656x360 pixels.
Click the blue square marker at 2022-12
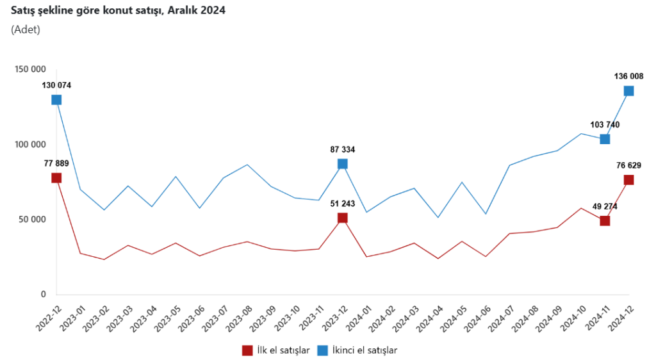click(x=56, y=100)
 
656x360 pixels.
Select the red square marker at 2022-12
click(x=56, y=178)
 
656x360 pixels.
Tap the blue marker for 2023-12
click(x=343, y=164)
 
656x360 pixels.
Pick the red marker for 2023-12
click(x=343, y=218)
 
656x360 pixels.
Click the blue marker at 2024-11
click(x=605, y=139)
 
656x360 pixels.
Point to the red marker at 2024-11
click(x=605, y=221)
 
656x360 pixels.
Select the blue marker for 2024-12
click(x=628, y=91)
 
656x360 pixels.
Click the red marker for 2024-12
click(x=628, y=180)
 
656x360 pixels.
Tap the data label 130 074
click(x=56, y=85)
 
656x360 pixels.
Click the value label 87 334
click(x=343, y=149)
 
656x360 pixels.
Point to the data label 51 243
click(x=343, y=204)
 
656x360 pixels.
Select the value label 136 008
click(x=628, y=77)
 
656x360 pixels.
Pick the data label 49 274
click(x=604, y=206)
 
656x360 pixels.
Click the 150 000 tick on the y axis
click(x=30, y=69)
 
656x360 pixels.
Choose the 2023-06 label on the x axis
click(x=192, y=316)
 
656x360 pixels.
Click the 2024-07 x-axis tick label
click(x=502, y=316)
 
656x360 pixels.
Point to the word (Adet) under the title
click(x=26, y=29)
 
